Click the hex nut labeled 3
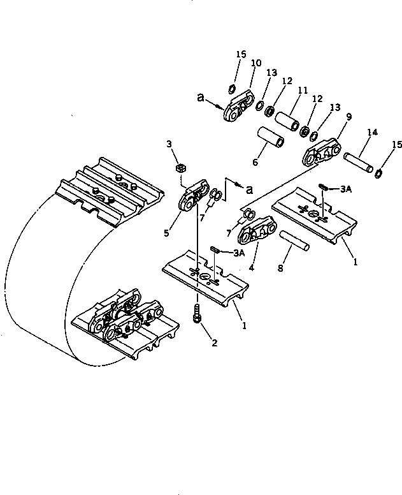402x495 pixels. point(180,168)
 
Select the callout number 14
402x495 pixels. point(372,132)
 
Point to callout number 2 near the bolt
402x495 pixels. point(214,343)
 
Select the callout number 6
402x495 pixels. point(255,163)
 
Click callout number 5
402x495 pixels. point(166,233)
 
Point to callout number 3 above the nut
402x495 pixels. point(170,145)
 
